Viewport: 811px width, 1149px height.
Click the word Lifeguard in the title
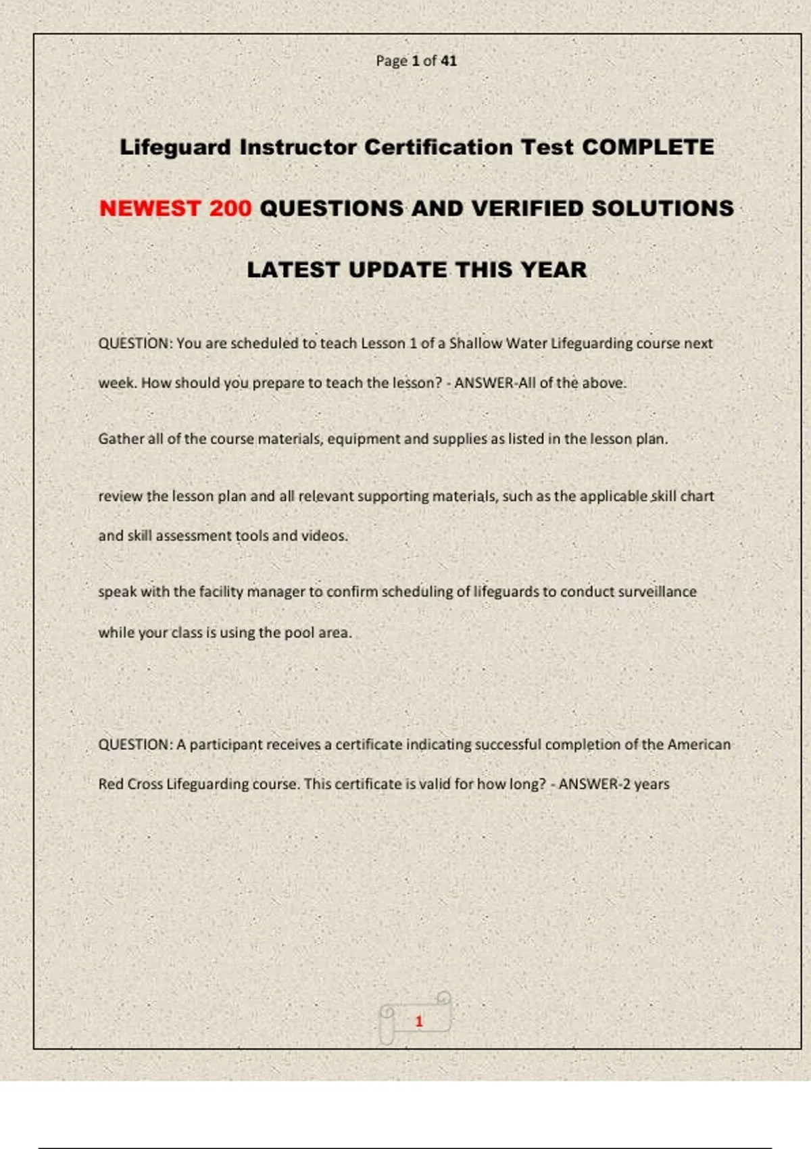tap(175, 147)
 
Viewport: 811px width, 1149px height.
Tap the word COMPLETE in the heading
tap(647, 147)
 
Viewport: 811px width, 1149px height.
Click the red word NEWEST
tap(150, 208)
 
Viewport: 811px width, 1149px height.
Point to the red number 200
tap(230, 208)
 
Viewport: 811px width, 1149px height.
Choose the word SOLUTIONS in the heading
tap(662, 208)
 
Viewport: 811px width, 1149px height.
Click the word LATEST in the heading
tap(293, 270)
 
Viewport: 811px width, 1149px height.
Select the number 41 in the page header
tap(449, 61)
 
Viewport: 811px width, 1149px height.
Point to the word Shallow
tap(476, 343)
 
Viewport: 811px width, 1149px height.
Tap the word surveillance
tap(657, 592)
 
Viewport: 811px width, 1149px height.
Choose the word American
tap(699, 745)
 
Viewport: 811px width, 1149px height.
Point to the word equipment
tap(364, 439)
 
